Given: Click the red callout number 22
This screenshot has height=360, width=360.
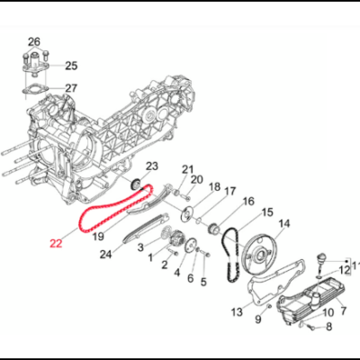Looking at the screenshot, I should [x=56, y=242].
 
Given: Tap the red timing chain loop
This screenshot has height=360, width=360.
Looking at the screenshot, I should [x=93, y=213].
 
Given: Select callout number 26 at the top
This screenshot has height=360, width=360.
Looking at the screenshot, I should [x=34, y=42].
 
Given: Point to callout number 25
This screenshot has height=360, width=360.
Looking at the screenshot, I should [x=71, y=66].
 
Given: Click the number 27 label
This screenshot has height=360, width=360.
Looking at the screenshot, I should [x=71, y=88].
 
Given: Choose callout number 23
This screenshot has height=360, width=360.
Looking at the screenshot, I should [x=152, y=166].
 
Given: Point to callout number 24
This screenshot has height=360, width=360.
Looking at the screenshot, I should [x=105, y=255].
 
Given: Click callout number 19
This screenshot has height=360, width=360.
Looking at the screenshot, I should [x=98, y=237].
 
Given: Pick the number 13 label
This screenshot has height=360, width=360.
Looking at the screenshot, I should [x=237, y=311].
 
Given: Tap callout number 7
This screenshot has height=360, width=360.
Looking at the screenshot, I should [x=341, y=310].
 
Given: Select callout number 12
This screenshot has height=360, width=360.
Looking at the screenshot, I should [x=345, y=270].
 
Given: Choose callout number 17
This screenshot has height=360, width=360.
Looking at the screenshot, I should [x=230, y=191].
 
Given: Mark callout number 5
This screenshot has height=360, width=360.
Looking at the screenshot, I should [x=202, y=282].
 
